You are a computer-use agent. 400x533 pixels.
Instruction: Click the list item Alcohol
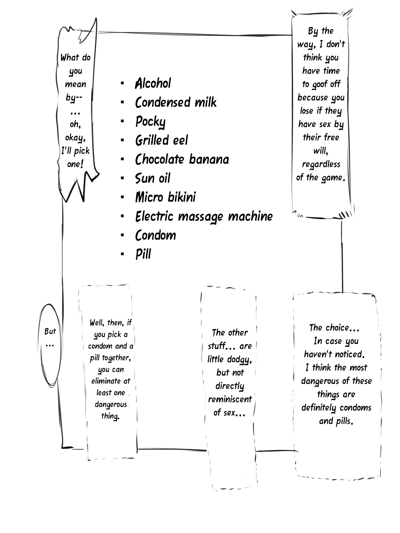(153, 83)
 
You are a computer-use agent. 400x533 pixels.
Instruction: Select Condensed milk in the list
(176, 102)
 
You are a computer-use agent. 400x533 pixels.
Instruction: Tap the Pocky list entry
(150, 122)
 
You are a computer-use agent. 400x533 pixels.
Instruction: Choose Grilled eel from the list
(162, 140)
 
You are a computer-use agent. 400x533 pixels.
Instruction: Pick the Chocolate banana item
(182, 159)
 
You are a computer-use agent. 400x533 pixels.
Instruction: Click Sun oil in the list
(153, 178)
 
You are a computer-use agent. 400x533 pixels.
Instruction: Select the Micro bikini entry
(165, 197)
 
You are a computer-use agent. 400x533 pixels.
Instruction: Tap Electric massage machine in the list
(204, 217)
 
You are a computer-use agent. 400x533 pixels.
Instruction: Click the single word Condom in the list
(156, 236)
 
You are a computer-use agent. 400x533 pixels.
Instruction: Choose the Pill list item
(143, 255)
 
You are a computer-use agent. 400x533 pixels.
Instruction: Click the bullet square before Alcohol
(123, 83)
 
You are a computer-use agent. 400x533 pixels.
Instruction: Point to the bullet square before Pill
(123, 254)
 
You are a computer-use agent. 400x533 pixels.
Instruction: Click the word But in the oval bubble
(50, 331)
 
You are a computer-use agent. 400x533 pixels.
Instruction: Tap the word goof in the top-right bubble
(320, 85)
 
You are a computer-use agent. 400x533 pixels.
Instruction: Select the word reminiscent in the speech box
(230, 399)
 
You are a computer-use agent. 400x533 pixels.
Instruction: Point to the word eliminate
(106, 381)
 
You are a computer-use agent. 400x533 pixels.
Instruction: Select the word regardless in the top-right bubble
(321, 165)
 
